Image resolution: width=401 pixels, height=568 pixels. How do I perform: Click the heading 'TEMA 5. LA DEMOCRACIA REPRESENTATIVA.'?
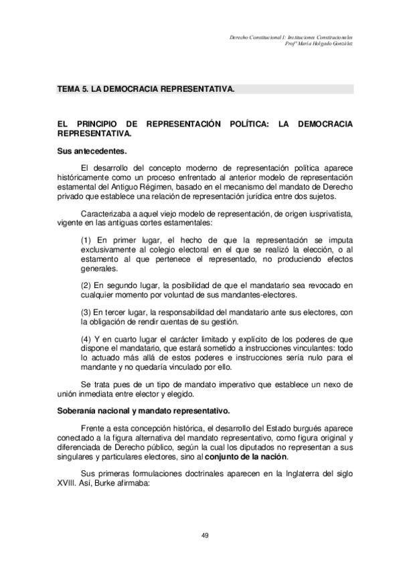click(x=145, y=88)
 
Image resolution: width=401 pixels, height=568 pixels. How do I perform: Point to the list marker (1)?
click(x=86, y=239)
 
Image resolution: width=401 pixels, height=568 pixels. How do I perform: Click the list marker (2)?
click(x=86, y=285)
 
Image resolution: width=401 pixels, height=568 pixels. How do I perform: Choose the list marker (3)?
click(x=86, y=311)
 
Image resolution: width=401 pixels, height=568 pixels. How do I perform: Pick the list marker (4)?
click(x=86, y=339)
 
